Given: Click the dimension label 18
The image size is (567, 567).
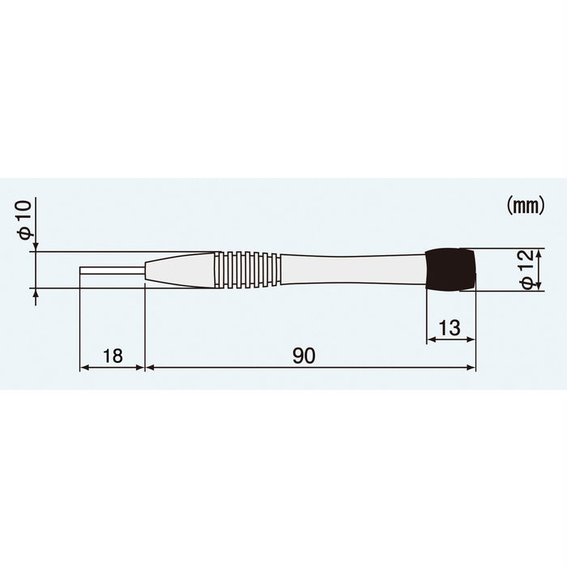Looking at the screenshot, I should pos(113,355).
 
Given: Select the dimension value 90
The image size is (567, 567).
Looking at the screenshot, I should pos(305,355).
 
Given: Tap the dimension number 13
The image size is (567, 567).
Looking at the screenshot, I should pos(450,327).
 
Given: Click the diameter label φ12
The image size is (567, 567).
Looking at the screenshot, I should pos(526,269).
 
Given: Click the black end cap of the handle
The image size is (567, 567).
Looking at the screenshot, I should pos(450,270).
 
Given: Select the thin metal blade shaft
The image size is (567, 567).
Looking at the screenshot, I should pos(112,270).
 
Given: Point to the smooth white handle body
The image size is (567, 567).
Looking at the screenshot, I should pos(352,270).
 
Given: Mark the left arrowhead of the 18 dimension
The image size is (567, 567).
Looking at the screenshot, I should pos(83,368).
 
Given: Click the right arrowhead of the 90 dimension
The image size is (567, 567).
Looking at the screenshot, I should pos(472,368).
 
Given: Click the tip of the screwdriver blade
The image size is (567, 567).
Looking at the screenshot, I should pos(81,270).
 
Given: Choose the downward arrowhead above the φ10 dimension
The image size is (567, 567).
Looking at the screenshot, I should pos(36,247).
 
